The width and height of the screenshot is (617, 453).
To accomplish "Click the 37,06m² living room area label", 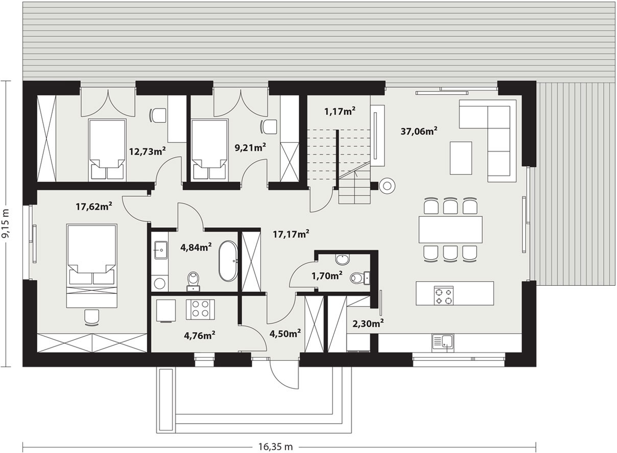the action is pyautogui.click(x=419, y=131).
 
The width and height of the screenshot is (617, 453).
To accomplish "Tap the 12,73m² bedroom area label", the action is pyautogui.click(x=148, y=151).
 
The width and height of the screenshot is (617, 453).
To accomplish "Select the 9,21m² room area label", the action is pyautogui.click(x=250, y=147).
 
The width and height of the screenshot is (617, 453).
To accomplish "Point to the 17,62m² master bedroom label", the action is pyautogui.click(x=94, y=206).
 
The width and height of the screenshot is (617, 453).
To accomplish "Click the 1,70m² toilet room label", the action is pyautogui.click(x=327, y=275).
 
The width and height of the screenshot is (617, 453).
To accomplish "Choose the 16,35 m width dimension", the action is pyautogui.click(x=275, y=447).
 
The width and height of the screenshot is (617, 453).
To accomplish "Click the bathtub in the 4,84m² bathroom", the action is pyautogui.click(x=228, y=261).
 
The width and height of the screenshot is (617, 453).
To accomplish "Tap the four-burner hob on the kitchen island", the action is pyautogui.click(x=443, y=296).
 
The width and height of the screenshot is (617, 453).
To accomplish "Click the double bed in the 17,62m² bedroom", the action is pyautogui.click(x=92, y=266).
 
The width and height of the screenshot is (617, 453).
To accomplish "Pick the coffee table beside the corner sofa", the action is pyautogui.click(x=461, y=158).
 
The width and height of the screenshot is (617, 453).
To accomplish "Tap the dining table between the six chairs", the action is pyautogui.click(x=450, y=230).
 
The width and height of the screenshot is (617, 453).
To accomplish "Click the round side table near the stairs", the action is pyautogui.click(x=387, y=186).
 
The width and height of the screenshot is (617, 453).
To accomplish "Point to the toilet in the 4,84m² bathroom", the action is pyautogui.click(x=193, y=281).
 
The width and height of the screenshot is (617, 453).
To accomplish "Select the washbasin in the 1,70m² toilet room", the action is pyautogui.click(x=342, y=259).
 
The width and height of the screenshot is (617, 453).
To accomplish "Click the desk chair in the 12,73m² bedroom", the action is pyautogui.click(x=157, y=115).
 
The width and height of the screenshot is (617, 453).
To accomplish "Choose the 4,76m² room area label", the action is pyautogui.click(x=199, y=336).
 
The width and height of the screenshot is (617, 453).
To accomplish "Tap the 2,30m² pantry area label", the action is pyautogui.click(x=368, y=323).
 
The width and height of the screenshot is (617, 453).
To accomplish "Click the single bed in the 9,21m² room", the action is pyautogui.click(x=210, y=150).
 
